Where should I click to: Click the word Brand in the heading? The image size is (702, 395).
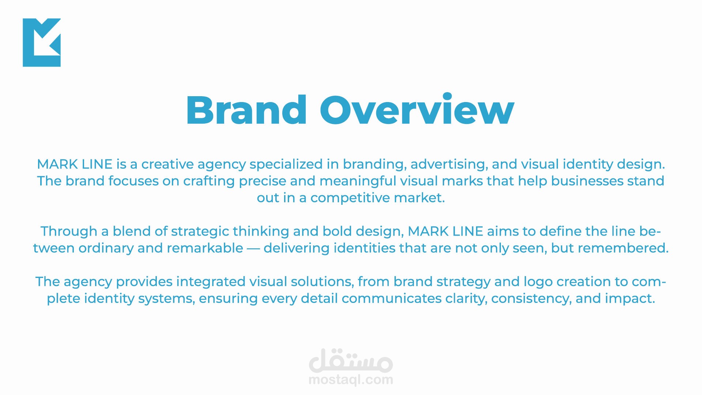click(246, 110)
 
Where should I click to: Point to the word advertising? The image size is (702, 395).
click(449, 165)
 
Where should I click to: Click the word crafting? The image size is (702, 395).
click(209, 181)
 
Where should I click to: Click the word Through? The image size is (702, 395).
click(69, 232)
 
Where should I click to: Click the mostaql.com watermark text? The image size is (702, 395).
click(351, 380)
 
